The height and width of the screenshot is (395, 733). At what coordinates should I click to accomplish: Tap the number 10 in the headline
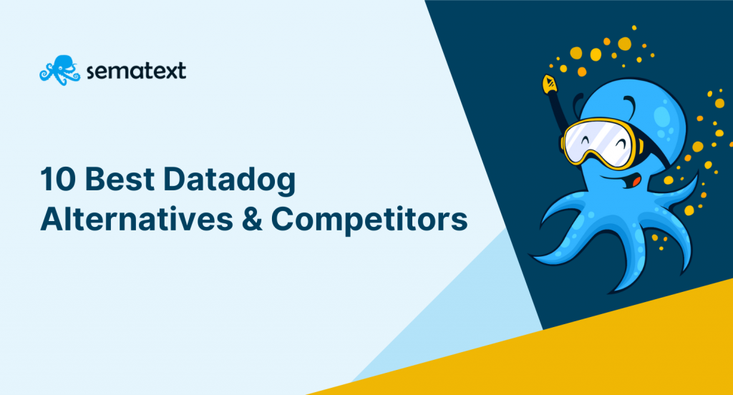tap(58, 179)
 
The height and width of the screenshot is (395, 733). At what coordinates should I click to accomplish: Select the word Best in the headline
tap(120, 179)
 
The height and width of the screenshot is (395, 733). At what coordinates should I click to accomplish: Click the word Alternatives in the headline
tap(137, 219)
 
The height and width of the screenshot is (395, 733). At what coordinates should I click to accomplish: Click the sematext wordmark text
tap(136, 71)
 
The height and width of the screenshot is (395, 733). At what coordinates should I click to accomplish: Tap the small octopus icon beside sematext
tap(59, 70)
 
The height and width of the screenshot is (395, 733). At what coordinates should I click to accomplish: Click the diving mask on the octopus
tap(600, 142)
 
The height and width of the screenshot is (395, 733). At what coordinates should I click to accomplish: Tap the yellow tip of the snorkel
tap(549, 84)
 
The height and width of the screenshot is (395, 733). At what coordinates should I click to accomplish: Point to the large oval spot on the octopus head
tap(662, 116)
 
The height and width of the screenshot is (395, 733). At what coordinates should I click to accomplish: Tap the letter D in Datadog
tap(175, 179)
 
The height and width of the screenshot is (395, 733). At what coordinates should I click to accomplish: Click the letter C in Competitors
tap(283, 219)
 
